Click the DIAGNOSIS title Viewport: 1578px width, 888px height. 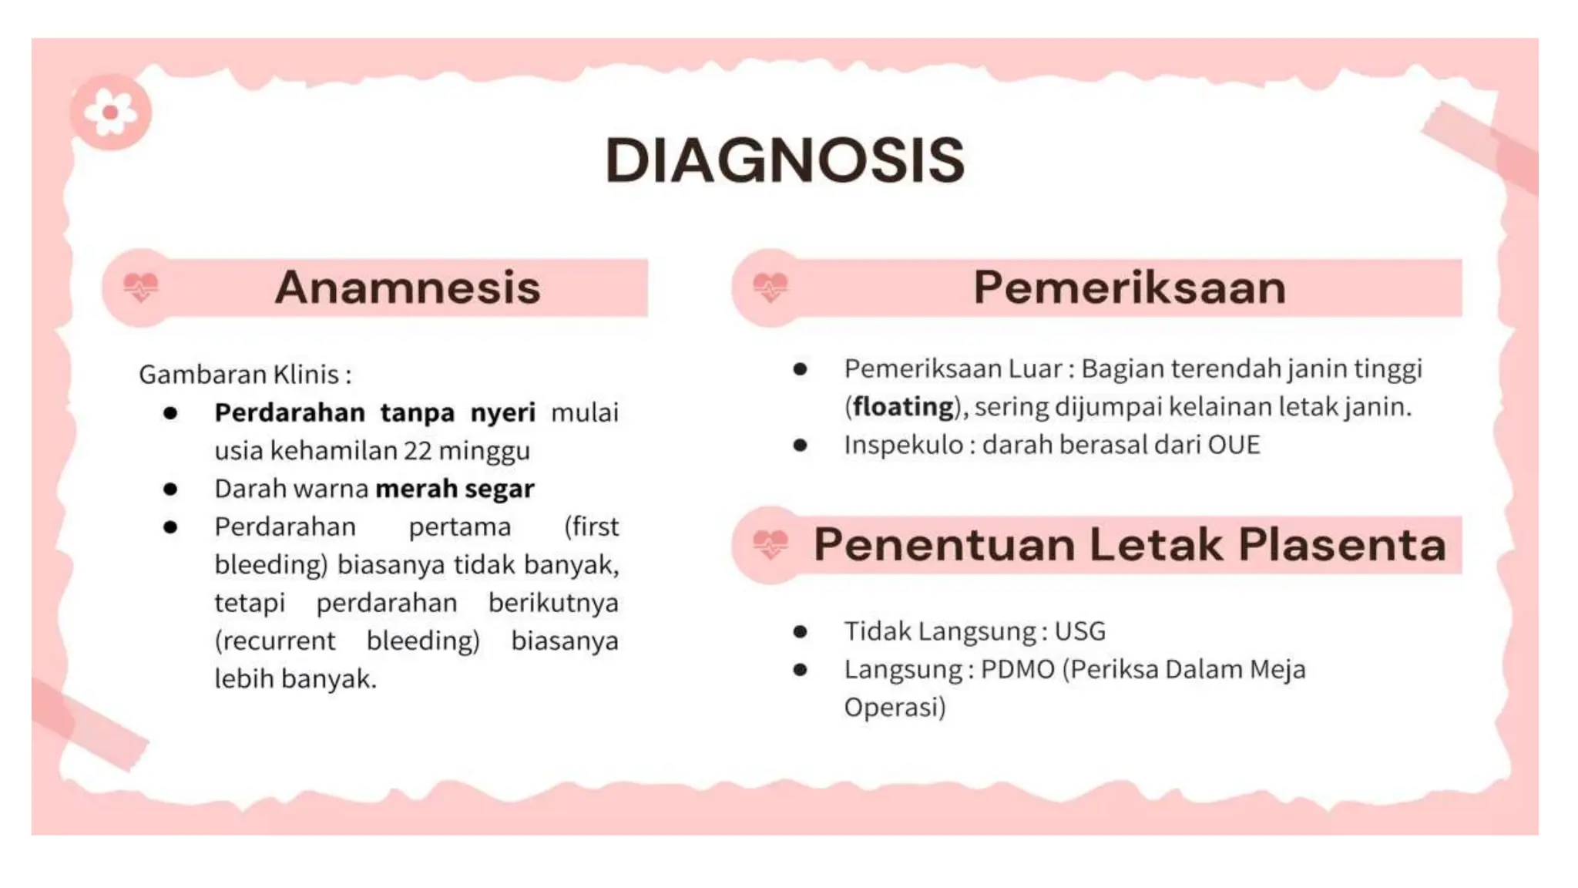(784, 160)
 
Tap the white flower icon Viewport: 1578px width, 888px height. (110, 113)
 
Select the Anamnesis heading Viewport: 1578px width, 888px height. (408, 288)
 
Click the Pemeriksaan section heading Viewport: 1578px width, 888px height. (1130, 288)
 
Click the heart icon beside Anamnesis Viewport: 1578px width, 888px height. (141, 288)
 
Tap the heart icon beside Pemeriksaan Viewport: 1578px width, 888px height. (770, 288)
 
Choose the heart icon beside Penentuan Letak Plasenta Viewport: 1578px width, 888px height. (770, 545)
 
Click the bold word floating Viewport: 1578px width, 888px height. (903, 406)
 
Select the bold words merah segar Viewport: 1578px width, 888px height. (455, 489)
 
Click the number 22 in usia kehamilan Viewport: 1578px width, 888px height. (418, 451)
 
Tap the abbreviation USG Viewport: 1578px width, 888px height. (1079, 631)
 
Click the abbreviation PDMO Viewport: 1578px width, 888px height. (1017, 669)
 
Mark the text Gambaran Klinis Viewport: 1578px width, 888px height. (244, 375)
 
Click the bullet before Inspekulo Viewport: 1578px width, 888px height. (800, 445)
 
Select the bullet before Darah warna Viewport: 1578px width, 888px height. (170, 489)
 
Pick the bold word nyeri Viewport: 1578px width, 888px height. (502, 413)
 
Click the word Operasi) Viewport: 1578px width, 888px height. (895, 707)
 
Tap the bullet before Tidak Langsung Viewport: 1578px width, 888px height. (800, 632)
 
